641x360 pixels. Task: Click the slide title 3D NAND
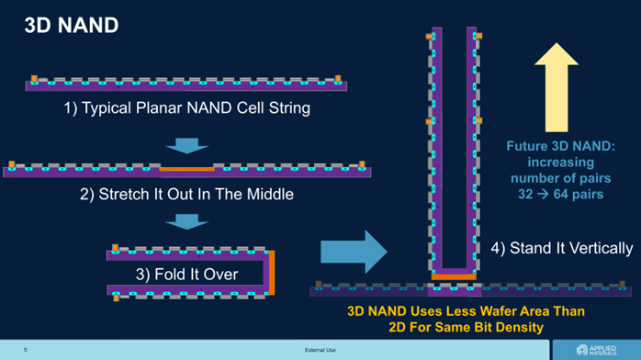[x=72, y=26]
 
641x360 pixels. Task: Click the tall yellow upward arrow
[x=557, y=87]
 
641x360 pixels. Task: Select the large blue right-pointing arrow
[x=354, y=252]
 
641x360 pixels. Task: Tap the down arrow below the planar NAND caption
[x=186, y=145]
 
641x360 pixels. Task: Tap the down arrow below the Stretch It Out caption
[x=186, y=221]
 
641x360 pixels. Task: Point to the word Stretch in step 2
[x=124, y=194]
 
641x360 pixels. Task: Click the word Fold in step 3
[x=169, y=275]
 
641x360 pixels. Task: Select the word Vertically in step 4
[x=601, y=249]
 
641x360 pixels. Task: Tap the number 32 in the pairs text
[x=525, y=194]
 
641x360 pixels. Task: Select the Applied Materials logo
[x=596, y=350]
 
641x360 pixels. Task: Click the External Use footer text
[x=320, y=350]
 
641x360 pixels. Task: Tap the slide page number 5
[x=26, y=350]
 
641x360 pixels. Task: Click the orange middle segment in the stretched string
[x=186, y=169]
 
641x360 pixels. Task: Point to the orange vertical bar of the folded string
[x=272, y=273]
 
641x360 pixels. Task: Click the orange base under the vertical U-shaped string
[x=454, y=276]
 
